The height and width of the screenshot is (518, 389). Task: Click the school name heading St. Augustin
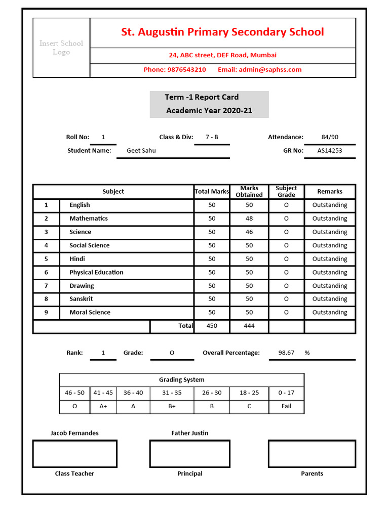click(222, 32)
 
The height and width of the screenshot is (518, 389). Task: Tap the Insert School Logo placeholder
click(61, 48)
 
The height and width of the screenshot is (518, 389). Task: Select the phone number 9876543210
click(186, 70)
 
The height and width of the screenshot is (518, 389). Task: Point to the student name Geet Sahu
click(141, 150)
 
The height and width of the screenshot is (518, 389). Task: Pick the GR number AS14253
click(330, 150)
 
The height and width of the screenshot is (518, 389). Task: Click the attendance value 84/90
click(330, 137)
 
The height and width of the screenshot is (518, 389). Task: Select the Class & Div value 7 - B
click(212, 137)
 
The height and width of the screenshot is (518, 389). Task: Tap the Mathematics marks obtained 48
click(249, 219)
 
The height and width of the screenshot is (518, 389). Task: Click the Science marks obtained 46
click(249, 232)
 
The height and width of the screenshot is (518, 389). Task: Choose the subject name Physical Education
click(96, 272)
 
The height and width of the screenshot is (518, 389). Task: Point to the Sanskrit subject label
click(81, 299)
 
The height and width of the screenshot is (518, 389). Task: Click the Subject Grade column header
click(286, 191)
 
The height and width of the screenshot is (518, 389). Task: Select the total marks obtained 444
click(249, 326)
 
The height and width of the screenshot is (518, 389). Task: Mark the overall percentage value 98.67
click(287, 353)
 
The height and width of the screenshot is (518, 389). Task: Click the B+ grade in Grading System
click(172, 406)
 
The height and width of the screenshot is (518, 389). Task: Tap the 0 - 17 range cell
click(286, 393)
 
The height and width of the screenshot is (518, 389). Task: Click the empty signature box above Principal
click(189, 454)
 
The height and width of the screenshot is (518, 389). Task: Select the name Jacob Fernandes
click(74, 433)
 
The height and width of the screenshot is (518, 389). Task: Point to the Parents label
click(312, 473)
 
